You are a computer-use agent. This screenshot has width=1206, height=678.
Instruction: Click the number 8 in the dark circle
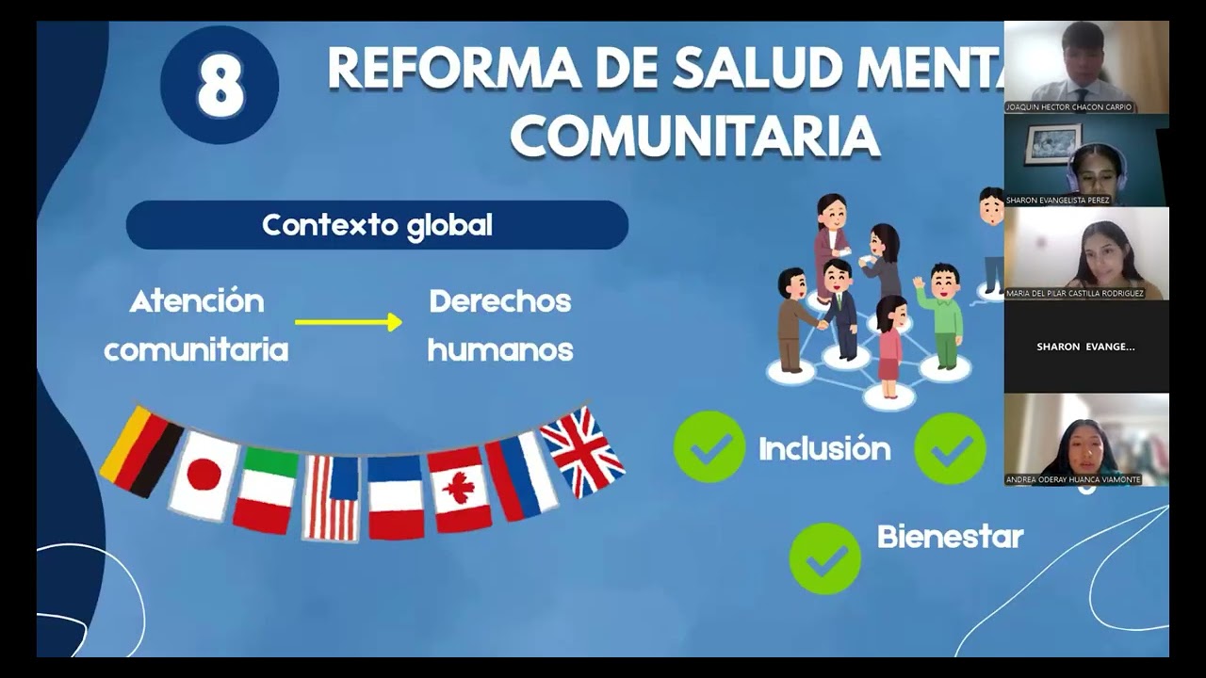[x=220, y=86]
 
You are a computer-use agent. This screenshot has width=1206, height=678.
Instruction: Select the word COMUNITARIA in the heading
[x=695, y=136]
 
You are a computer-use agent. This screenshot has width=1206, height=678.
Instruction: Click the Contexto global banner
[x=377, y=225]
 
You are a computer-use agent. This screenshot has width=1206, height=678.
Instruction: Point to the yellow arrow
[x=349, y=322]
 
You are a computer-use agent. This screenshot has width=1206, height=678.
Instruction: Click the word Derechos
[x=500, y=301]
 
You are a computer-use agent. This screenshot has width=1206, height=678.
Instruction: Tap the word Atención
[x=197, y=301]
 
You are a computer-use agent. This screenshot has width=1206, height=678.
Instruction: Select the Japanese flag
[x=204, y=475]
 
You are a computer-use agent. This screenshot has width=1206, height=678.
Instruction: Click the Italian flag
[x=266, y=490]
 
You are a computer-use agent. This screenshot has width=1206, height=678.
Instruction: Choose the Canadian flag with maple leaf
[x=460, y=490]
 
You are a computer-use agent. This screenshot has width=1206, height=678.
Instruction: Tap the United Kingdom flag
[x=581, y=452]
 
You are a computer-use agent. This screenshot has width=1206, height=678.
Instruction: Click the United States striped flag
[x=331, y=497]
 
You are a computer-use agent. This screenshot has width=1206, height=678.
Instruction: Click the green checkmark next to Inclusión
[x=709, y=448]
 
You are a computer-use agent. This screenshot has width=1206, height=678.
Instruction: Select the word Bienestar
[x=950, y=537]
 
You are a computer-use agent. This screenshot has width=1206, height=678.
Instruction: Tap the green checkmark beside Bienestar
[x=825, y=558]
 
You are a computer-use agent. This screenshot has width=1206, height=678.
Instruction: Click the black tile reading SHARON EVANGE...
[x=1085, y=347]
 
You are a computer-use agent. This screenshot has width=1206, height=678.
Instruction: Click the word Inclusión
[x=824, y=449]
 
